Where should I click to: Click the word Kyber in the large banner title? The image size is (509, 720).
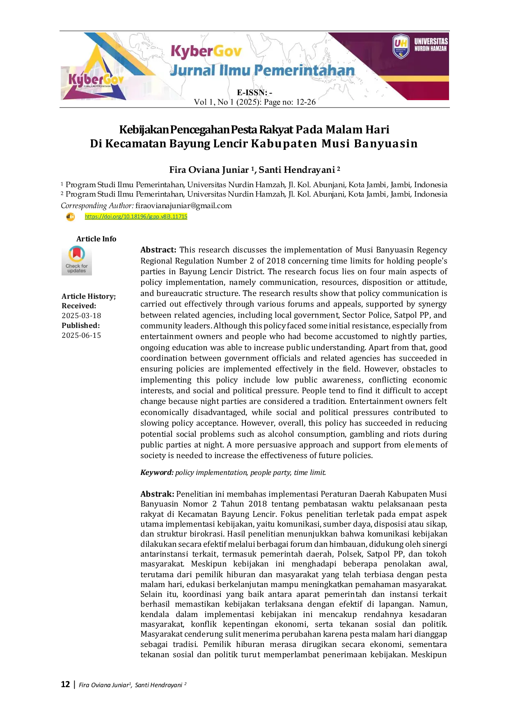coord(192,51)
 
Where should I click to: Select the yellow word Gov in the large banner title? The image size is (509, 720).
coord(228,51)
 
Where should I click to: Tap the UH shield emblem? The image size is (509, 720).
coord(401,46)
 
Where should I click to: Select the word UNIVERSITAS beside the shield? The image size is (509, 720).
coord(431,41)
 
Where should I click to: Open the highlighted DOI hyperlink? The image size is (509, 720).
coord(136,216)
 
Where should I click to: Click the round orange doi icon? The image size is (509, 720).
coord(70,216)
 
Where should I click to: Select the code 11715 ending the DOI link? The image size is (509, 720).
coord(179,216)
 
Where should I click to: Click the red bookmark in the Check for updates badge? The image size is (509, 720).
coord(76,253)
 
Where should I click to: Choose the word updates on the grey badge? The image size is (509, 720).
coord(76,271)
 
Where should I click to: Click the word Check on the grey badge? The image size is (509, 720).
coord(71,266)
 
